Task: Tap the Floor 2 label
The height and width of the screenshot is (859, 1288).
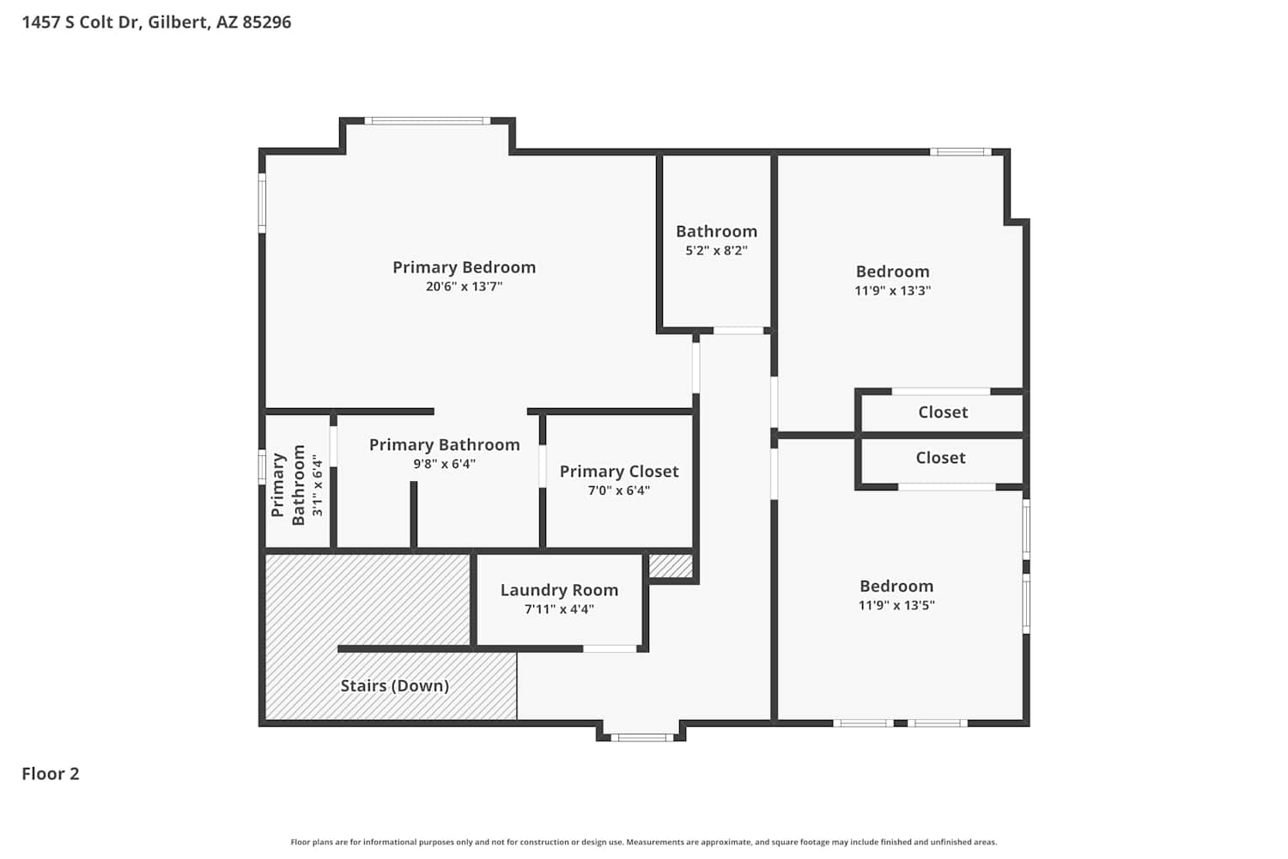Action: click(x=51, y=773)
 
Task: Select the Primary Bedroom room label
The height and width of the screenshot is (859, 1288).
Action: click(x=464, y=267)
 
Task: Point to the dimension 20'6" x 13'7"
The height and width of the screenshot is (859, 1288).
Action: click(x=464, y=286)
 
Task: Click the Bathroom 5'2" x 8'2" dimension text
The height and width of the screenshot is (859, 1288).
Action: click(x=716, y=250)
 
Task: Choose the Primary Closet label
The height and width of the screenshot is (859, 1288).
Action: click(x=619, y=472)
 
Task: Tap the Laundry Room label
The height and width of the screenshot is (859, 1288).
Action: click(x=560, y=590)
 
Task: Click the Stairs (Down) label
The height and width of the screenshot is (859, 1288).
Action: click(x=395, y=685)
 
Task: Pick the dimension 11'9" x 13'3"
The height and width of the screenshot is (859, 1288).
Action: click(x=892, y=290)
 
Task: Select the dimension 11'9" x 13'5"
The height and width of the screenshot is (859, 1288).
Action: click(x=896, y=605)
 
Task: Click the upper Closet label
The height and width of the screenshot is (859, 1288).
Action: click(x=943, y=412)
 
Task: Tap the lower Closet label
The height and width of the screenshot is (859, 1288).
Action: click(x=941, y=457)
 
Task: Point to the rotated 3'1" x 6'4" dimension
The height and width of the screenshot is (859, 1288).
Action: click(x=318, y=485)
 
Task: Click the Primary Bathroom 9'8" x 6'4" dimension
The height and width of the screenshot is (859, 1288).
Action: click(x=445, y=464)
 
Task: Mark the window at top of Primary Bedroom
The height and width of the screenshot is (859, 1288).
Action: click(x=428, y=121)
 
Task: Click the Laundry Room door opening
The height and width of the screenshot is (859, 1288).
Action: click(x=610, y=649)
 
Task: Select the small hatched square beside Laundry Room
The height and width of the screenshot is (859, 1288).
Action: click(x=671, y=566)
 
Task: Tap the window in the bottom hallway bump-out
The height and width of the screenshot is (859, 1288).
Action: click(x=642, y=738)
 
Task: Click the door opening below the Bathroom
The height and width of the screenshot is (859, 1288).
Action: click(x=738, y=331)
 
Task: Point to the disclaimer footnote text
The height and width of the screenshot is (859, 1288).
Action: click(x=644, y=842)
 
